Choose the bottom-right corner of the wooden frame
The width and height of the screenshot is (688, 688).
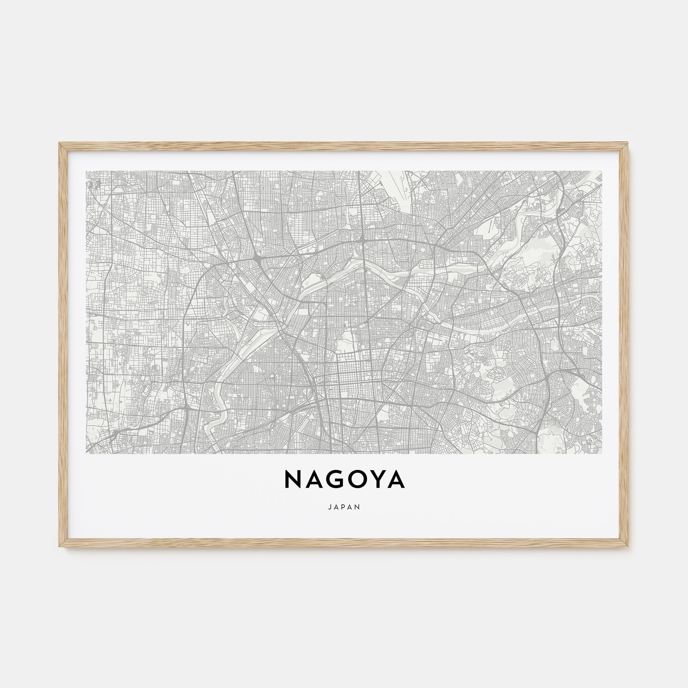[629, 547]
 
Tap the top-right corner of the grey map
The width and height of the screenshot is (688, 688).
[602, 171]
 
